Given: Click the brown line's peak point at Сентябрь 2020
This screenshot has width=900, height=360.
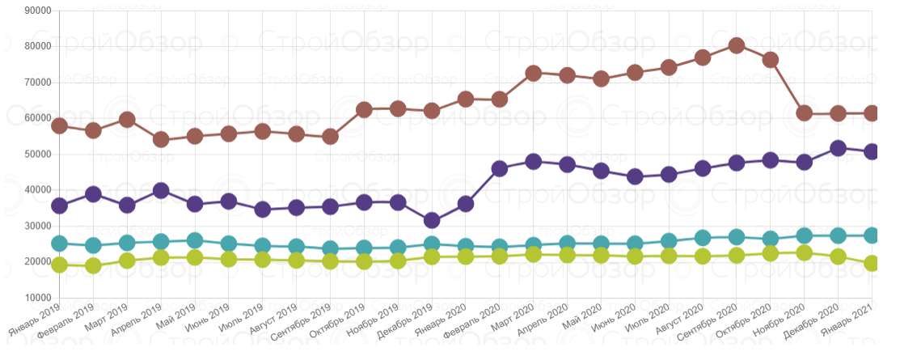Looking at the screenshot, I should [x=736, y=46].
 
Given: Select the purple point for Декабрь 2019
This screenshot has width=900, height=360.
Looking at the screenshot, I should [x=432, y=220].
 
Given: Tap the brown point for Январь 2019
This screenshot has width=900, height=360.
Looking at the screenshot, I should [x=59, y=125].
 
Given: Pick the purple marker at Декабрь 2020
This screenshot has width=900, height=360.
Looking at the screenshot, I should [x=838, y=148].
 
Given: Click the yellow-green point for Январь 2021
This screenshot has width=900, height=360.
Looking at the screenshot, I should [x=872, y=263].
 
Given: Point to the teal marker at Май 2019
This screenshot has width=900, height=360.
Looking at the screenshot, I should [x=195, y=240].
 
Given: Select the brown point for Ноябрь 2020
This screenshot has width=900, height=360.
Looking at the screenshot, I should [x=804, y=113].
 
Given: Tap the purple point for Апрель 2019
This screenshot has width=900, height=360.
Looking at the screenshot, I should [x=161, y=191].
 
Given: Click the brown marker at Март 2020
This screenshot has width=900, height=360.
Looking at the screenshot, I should [x=533, y=73].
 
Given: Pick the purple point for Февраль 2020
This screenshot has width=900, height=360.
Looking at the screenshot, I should [x=499, y=168].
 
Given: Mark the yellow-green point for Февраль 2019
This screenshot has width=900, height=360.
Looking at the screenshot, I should [x=93, y=265].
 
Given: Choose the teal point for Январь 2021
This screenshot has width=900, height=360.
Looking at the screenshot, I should [x=872, y=235].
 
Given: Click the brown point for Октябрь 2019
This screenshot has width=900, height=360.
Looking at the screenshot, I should [x=364, y=110].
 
